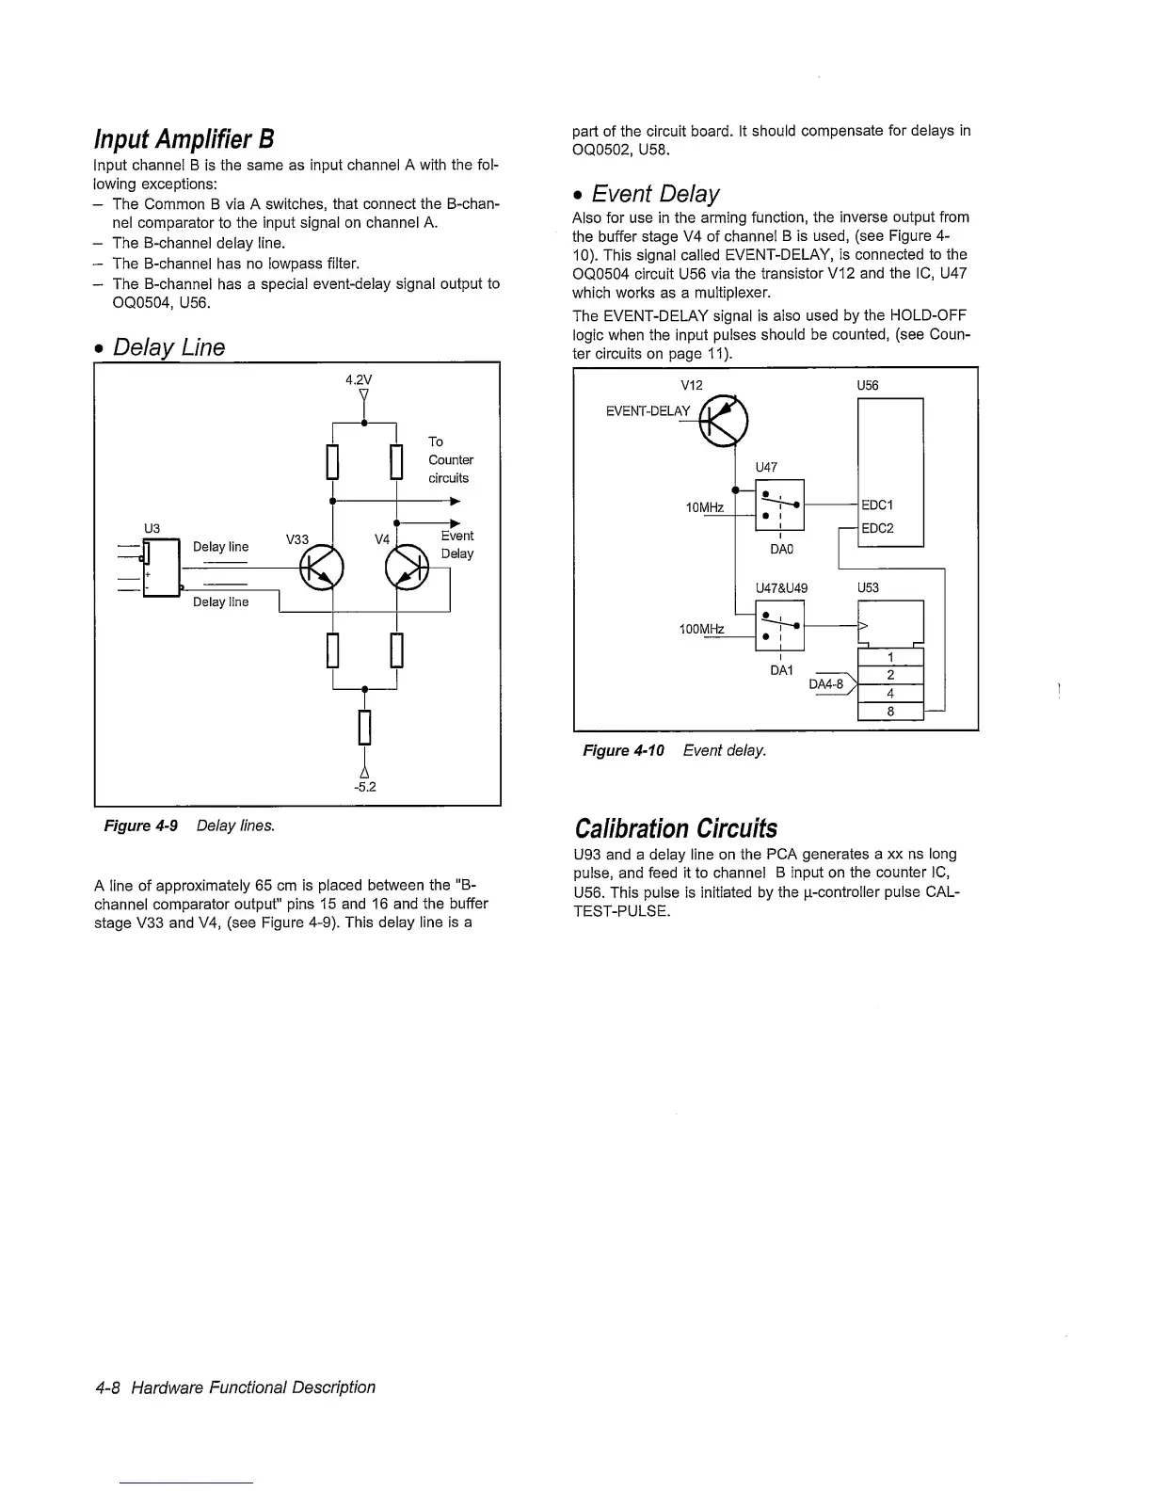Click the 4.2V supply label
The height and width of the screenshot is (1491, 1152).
(359, 380)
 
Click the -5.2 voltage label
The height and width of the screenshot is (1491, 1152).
(365, 787)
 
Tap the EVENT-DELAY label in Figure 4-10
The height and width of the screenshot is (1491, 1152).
(648, 410)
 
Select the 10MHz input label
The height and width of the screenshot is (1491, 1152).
(705, 508)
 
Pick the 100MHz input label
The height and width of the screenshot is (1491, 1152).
(701, 629)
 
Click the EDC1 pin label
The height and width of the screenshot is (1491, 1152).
(878, 505)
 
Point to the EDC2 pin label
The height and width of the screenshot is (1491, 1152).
(878, 528)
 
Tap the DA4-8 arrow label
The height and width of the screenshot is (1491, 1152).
(828, 684)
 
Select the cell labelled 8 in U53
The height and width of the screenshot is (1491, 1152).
(890, 712)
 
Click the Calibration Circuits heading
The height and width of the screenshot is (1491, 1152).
(676, 828)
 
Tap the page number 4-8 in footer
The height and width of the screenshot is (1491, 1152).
(111, 1387)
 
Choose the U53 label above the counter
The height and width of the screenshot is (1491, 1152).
(868, 587)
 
